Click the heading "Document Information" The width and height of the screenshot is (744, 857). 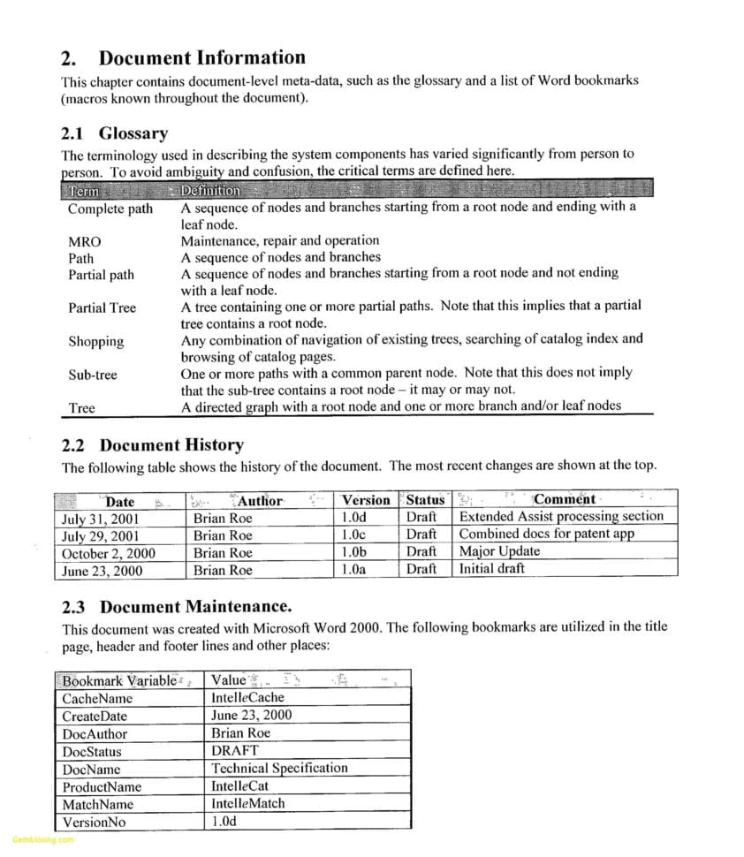[201, 58]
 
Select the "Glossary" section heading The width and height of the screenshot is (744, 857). [133, 133]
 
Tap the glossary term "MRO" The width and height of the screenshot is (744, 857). [85, 241]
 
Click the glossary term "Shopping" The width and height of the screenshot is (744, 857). [96, 342]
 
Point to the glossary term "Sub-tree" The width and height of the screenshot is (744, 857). [93, 375]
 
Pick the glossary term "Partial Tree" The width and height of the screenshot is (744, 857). [102, 308]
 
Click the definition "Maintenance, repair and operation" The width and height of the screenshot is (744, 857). [280, 240]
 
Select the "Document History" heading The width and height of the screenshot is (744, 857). [171, 444]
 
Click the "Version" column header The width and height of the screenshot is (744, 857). [366, 500]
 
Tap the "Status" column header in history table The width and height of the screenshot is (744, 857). [425, 500]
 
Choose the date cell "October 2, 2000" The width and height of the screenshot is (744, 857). [109, 553]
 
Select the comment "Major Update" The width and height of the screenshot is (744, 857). [499, 551]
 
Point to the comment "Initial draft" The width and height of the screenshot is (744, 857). [492, 569]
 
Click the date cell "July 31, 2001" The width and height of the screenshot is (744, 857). [102, 519]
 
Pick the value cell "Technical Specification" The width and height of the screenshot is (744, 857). [279, 768]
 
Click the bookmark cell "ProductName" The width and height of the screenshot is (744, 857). [102, 786]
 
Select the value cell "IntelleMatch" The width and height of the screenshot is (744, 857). [248, 803]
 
